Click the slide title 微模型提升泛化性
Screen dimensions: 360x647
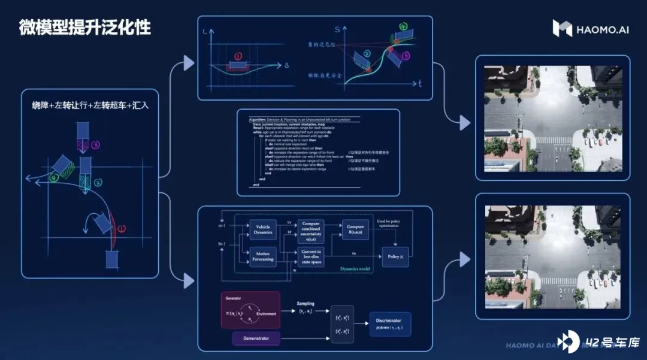point(84,28)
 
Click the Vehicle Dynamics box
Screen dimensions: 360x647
point(262,229)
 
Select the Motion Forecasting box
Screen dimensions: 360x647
point(262,256)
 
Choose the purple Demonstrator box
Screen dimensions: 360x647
point(256,339)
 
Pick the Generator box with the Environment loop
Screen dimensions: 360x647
point(250,310)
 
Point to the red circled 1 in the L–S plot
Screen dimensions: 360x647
point(238,57)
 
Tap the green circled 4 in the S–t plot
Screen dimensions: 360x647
point(403,27)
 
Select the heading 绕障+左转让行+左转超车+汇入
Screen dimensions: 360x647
point(90,105)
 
